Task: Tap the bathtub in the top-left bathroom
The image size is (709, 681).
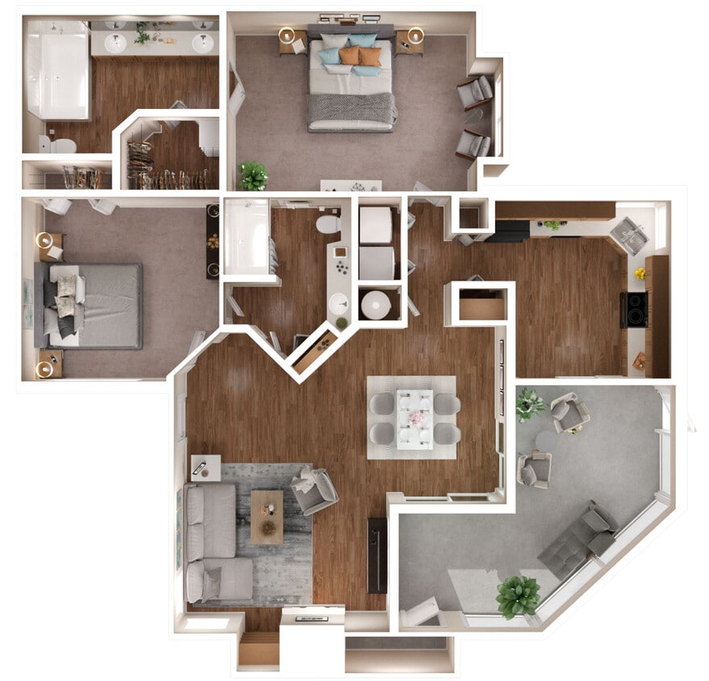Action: click(x=56, y=69)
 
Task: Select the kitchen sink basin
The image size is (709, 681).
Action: click(x=628, y=236)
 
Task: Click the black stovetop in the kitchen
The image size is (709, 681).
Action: click(x=634, y=309)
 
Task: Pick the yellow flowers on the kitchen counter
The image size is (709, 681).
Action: click(x=640, y=274)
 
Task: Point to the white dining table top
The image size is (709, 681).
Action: click(x=415, y=417)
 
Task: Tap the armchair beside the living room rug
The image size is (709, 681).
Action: click(x=314, y=491)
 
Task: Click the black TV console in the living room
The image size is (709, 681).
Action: click(x=377, y=554)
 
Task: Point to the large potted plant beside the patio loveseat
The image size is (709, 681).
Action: click(x=517, y=595)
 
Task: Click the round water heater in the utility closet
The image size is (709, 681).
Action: click(x=376, y=305)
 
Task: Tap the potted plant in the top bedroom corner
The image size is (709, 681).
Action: click(x=252, y=174)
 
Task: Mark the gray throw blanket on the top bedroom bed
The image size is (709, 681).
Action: click(x=352, y=107)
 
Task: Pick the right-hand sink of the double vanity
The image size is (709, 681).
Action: click(x=202, y=43)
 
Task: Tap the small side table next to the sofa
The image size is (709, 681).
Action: click(x=206, y=466)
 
